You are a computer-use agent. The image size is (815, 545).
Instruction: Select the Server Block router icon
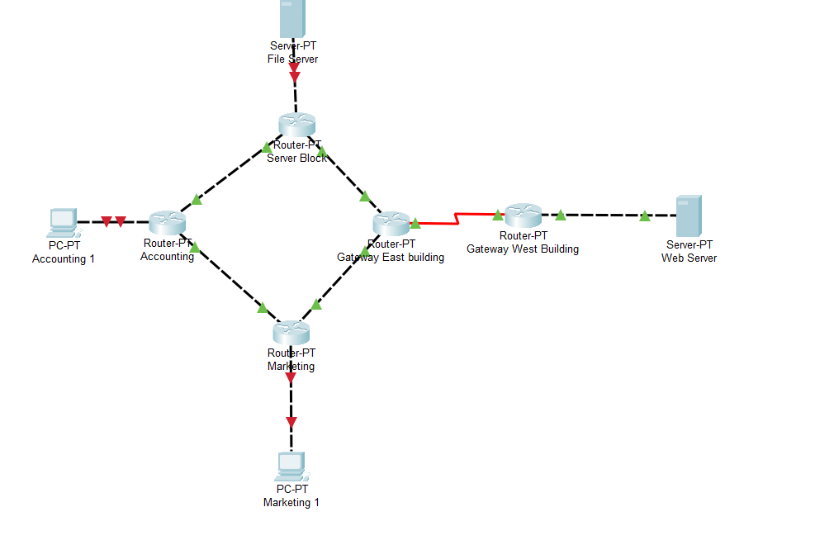pyautogui.click(x=297, y=124)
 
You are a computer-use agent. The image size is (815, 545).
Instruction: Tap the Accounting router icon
pyautogui.click(x=168, y=221)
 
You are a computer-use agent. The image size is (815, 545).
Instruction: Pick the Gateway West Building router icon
pyautogui.click(x=523, y=215)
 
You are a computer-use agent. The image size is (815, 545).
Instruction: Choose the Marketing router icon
pyautogui.click(x=291, y=332)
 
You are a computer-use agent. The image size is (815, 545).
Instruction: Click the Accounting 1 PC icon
pyautogui.click(x=63, y=220)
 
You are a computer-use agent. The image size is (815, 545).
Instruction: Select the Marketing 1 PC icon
pyautogui.click(x=291, y=467)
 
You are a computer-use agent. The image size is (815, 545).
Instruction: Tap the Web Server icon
pyautogui.click(x=688, y=216)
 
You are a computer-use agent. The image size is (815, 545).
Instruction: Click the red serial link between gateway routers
pyautogui.click(x=454, y=219)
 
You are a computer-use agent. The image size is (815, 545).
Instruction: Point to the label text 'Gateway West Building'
pyautogui.click(x=523, y=249)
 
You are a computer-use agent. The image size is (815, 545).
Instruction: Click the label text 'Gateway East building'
pyautogui.click(x=391, y=257)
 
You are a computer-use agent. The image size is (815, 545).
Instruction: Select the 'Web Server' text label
pyautogui.click(x=689, y=258)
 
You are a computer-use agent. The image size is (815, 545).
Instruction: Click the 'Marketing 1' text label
pyautogui.click(x=291, y=502)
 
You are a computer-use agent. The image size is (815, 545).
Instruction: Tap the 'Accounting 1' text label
pyautogui.click(x=64, y=258)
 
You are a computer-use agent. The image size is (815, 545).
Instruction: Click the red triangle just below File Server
pyautogui.click(x=295, y=78)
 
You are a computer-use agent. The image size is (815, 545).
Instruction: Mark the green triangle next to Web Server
pyautogui.click(x=644, y=216)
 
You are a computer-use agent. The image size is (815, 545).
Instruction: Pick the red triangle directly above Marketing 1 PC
pyautogui.click(x=291, y=423)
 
